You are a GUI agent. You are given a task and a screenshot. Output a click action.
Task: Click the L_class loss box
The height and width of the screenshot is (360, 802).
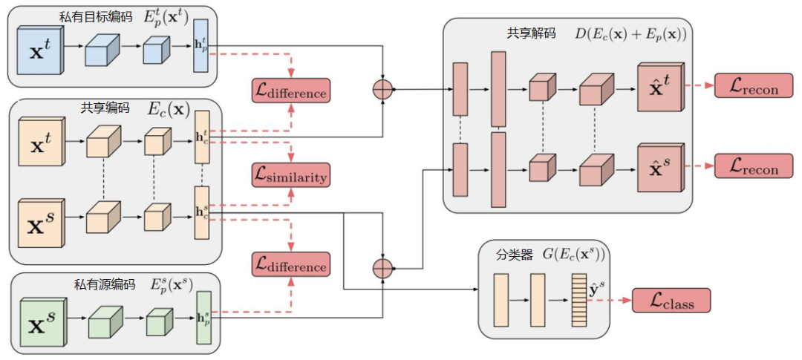click(671, 300)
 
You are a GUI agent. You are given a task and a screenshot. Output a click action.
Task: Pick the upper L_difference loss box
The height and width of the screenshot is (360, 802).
click(290, 91)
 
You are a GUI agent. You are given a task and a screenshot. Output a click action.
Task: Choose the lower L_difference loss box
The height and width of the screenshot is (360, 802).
click(290, 264)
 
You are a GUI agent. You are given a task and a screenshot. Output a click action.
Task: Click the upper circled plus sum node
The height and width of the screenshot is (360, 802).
click(382, 89)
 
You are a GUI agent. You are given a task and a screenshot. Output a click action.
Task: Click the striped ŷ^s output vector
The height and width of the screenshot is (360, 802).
click(578, 300)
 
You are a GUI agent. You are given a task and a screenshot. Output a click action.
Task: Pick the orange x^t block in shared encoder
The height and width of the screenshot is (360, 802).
click(41, 140)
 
